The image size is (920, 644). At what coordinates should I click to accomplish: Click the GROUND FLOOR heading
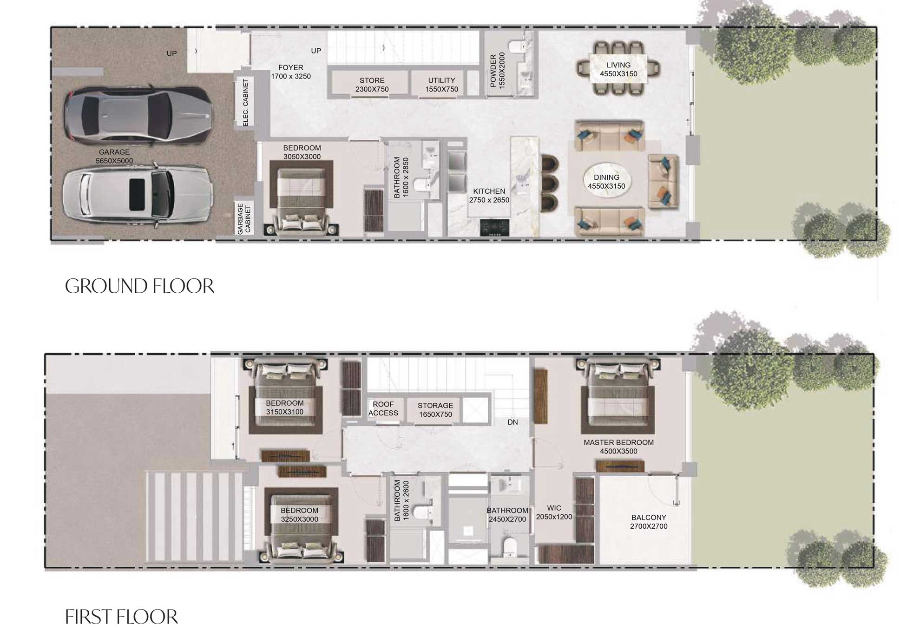point(139,286)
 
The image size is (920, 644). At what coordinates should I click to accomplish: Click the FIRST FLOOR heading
point(121,617)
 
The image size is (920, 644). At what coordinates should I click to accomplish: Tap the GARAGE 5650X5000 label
point(114,157)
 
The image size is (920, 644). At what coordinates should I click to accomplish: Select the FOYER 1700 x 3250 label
point(291,72)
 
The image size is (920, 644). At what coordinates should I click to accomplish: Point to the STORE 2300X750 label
point(372,85)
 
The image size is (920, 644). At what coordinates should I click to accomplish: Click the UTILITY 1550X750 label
point(441,85)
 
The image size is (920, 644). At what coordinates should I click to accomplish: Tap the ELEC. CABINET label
point(246,103)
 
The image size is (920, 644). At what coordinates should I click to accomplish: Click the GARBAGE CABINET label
point(244,219)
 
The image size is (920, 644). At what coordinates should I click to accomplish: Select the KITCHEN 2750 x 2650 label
point(489,196)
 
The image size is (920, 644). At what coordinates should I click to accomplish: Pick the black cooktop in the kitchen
point(494,227)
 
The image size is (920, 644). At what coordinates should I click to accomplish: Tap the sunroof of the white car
point(136,194)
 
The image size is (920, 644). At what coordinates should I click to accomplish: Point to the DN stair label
point(513,422)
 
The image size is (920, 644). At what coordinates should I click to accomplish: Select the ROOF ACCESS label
point(383,409)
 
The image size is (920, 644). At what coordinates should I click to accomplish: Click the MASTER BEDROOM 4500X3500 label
point(618,447)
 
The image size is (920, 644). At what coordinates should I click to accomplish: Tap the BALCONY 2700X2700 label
point(649,522)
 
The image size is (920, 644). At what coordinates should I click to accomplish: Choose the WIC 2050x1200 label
point(554,513)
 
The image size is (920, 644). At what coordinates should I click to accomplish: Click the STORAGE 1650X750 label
point(435,410)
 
